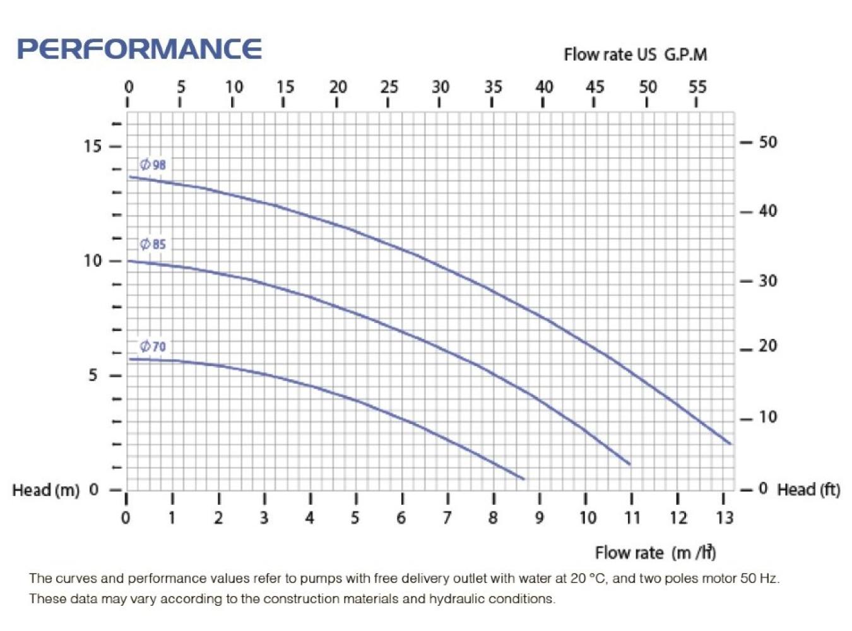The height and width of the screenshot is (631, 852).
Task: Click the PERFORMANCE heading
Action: pyautogui.click(x=139, y=49)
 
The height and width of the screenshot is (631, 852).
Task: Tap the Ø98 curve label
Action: pyautogui.click(x=153, y=165)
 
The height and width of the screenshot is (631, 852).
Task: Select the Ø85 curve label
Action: pyautogui.click(x=153, y=244)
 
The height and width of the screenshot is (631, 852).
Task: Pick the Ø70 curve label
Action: pyautogui.click(x=153, y=346)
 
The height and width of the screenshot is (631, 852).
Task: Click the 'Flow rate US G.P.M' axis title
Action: pyautogui.click(x=635, y=54)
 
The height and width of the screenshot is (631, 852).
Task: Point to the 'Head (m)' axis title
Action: pyautogui.click(x=46, y=490)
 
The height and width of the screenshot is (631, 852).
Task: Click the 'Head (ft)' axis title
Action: pyautogui.click(x=808, y=490)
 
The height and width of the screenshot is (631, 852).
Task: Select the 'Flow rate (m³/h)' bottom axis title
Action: pyautogui.click(x=655, y=553)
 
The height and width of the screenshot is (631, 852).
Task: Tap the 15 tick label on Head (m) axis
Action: pyautogui.click(x=92, y=146)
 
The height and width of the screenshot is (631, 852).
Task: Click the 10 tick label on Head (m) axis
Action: pyautogui.click(x=92, y=261)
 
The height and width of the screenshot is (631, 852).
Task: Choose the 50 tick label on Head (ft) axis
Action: pyautogui.click(x=768, y=142)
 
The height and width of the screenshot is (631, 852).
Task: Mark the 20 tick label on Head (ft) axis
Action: pyautogui.click(x=768, y=346)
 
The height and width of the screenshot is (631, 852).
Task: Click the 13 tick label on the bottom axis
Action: pyautogui.click(x=725, y=518)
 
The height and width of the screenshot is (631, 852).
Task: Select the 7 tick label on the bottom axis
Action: pyautogui.click(x=447, y=518)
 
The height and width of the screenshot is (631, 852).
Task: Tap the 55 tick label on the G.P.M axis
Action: pyautogui.click(x=697, y=86)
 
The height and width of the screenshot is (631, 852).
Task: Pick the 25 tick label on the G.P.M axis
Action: pyautogui.click(x=389, y=86)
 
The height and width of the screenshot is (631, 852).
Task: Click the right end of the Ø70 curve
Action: pyautogui.click(x=524, y=479)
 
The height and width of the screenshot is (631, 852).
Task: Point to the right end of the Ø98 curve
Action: pyautogui.click(x=731, y=444)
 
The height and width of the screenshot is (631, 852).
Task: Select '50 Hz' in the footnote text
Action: pyautogui.click(x=759, y=578)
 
